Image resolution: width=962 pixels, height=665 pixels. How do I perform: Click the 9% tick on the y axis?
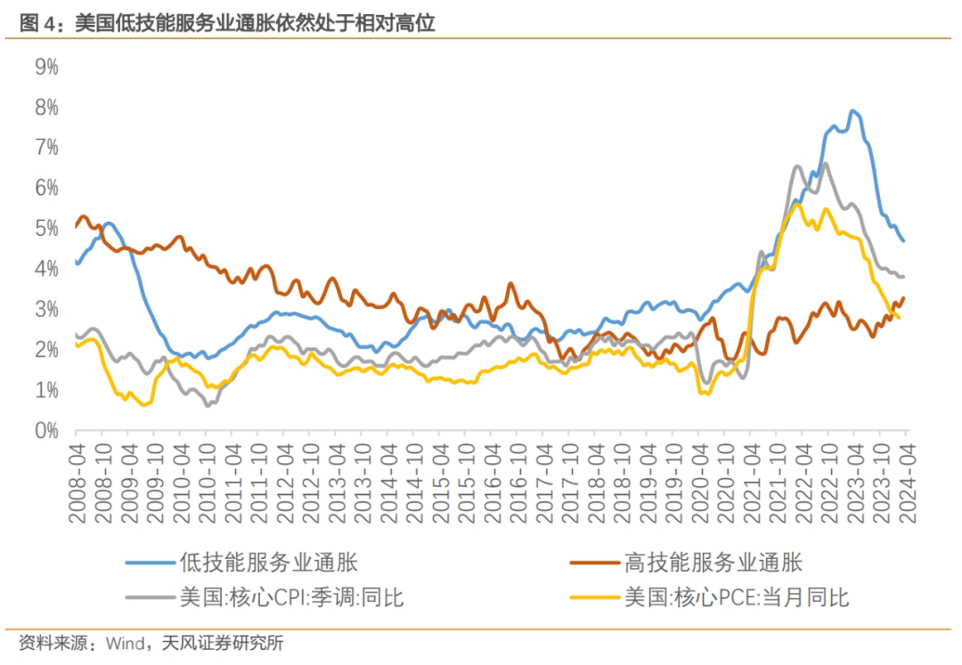tap(45, 67)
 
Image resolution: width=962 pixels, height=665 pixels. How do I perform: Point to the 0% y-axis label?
tap(45, 431)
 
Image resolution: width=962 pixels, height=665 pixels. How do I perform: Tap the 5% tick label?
tap(45, 229)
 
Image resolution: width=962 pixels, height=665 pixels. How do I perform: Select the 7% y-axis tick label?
tap(45, 148)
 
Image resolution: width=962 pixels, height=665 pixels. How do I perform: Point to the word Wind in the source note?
tap(124, 643)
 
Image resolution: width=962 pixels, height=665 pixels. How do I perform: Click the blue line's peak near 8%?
tap(853, 110)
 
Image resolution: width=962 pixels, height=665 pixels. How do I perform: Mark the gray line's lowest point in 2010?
tap(208, 406)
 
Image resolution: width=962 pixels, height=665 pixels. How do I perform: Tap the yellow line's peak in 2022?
tap(797, 204)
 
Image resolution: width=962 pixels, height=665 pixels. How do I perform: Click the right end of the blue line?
tap(904, 241)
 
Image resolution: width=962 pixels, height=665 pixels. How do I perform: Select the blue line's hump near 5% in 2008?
tap(108, 223)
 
